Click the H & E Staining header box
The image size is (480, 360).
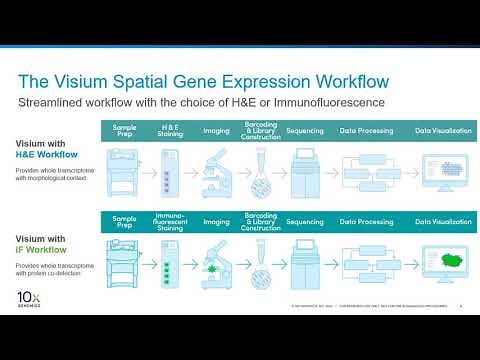point(171,131)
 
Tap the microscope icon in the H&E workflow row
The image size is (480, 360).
point(216,168)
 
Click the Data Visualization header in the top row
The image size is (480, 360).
point(443,131)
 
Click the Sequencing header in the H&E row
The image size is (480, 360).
point(305,131)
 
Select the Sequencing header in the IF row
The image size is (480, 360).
point(305,219)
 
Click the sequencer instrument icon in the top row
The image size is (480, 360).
point(305,169)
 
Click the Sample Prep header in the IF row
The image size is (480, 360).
point(125,219)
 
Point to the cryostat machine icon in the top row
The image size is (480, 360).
point(125,169)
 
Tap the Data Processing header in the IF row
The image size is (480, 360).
point(364,219)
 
